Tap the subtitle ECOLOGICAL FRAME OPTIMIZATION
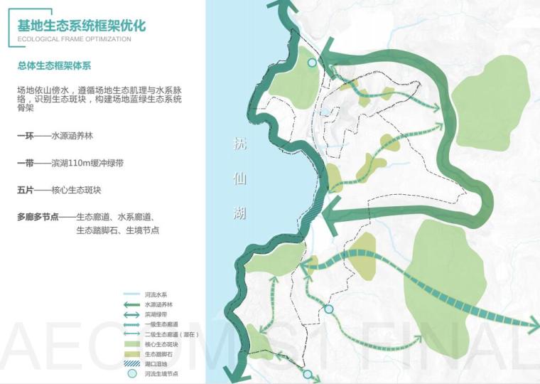pyautogui.click(x=74, y=39)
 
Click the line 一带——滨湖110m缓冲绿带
pyautogui.click(x=70, y=163)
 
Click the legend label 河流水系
pyautogui.click(x=156, y=294)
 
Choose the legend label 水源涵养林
pyautogui.click(x=158, y=304)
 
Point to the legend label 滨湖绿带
pyautogui.click(x=156, y=314)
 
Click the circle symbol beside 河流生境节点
pyautogui.click(x=131, y=374)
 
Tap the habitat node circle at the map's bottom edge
pyautogui.click(x=308, y=374)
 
